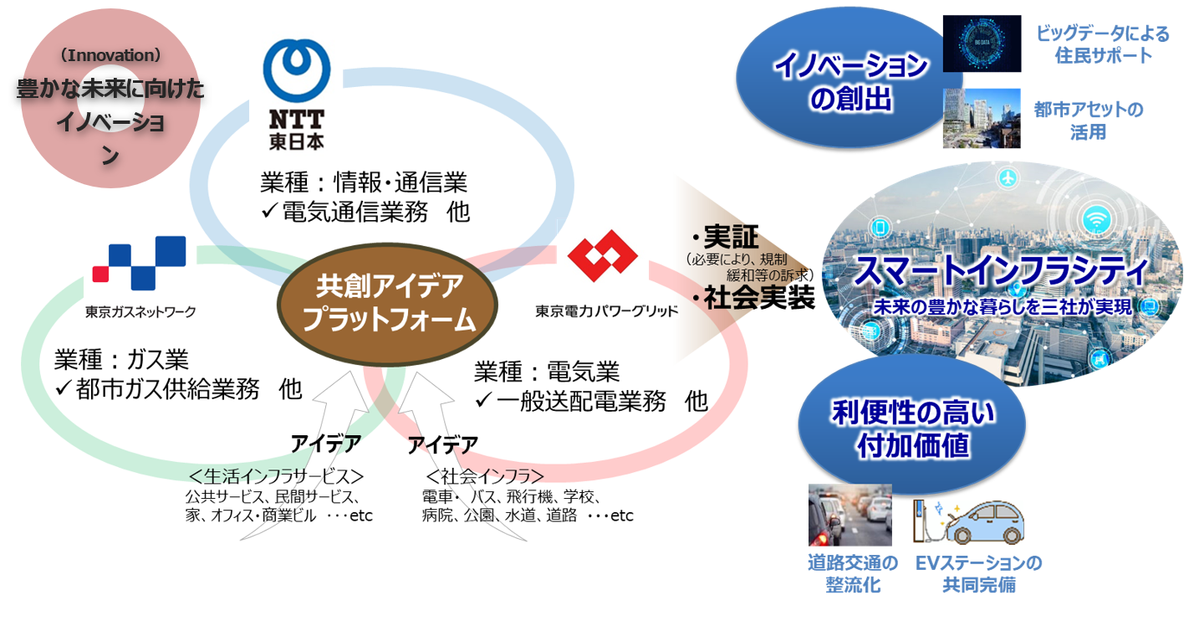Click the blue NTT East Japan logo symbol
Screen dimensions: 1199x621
296,70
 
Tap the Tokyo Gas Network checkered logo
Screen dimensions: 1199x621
139,263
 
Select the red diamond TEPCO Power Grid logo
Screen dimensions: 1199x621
602,255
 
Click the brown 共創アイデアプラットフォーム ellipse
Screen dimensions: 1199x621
387,305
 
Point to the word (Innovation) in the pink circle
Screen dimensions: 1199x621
110,54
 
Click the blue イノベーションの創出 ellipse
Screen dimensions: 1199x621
849,79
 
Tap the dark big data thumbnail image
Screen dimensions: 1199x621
982,44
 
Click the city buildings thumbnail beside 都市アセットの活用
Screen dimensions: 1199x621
982,118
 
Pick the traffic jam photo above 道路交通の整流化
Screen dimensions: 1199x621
850,515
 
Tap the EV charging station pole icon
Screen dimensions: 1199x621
920,521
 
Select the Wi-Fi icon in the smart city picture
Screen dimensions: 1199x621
1096,219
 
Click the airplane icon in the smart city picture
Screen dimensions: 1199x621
1008,177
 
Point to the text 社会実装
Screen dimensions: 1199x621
759,298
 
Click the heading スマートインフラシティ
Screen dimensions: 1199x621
1001,271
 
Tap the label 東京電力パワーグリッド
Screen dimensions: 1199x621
607,311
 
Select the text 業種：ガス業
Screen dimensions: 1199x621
121,360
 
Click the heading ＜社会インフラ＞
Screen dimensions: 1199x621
485,476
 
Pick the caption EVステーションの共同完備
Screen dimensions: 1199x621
978,574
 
